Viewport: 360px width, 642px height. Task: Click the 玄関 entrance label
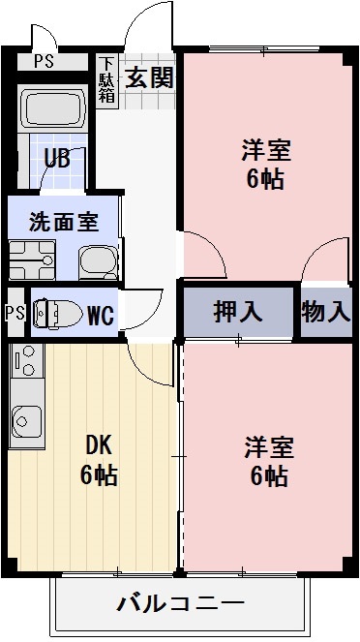[x=149, y=76]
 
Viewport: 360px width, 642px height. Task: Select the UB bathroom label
[x=56, y=159]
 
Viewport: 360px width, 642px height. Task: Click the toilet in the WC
[x=56, y=314]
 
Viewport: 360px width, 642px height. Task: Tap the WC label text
[x=102, y=315]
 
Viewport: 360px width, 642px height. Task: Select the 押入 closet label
[x=237, y=312]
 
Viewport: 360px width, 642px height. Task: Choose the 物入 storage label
[x=325, y=312]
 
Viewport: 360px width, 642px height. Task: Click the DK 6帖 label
[x=99, y=460]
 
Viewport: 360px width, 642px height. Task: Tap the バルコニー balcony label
[x=181, y=605]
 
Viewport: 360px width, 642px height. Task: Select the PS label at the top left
[x=44, y=62]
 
